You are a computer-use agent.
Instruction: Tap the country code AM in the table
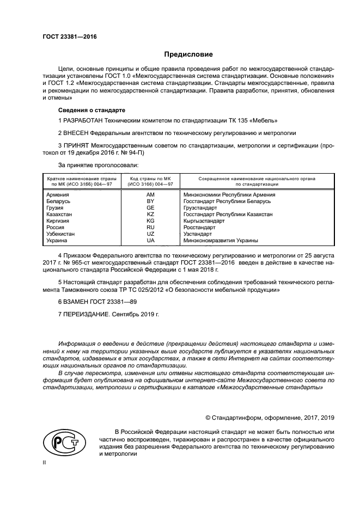(x=150, y=194)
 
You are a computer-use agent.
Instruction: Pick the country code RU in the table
(x=150, y=227)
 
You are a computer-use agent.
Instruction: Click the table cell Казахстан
(x=59, y=214)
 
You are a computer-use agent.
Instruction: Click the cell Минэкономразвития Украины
(x=221, y=240)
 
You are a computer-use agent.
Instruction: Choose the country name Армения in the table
(x=58, y=194)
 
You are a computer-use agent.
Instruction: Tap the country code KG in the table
(x=150, y=220)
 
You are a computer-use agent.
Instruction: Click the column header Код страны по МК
(x=150, y=179)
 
